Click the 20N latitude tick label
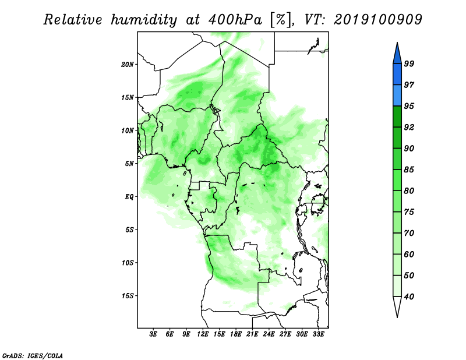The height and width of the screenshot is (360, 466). click(128, 65)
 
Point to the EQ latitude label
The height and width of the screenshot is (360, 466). click(129, 197)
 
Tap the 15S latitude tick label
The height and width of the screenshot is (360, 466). click(128, 296)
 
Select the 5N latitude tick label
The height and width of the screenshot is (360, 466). click(129, 164)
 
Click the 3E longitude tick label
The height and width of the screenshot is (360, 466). click(153, 334)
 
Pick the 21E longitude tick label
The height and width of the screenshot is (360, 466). click(252, 334)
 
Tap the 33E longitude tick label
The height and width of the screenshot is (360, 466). click(318, 334)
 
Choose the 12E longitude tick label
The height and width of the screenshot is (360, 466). click(203, 334)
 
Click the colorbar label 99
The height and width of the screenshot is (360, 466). click(409, 63)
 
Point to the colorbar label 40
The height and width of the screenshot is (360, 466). click(409, 297)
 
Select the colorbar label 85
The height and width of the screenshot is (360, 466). click(409, 170)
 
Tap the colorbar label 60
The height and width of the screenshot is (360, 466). click(409, 254)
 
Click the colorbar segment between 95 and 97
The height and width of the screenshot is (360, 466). click(397, 96)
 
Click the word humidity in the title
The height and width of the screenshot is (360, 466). click(144, 20)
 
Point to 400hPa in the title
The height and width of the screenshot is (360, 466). click(235, 20)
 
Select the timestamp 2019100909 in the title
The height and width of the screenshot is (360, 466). click(377, 20)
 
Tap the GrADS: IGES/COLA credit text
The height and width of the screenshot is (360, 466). click(33, 355)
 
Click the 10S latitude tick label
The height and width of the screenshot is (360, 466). click(128, 263)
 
